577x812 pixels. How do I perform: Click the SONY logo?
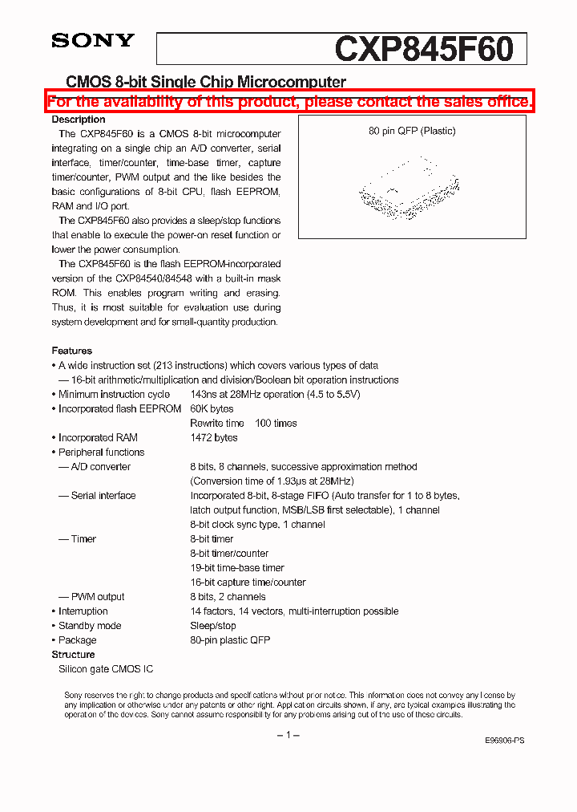(93, 41)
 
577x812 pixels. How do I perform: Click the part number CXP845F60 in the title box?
(424, 49)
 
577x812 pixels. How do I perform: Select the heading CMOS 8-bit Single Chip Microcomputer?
(206, 82)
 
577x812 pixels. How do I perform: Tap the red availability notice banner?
(289, 102)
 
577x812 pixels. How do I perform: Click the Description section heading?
(79, 120)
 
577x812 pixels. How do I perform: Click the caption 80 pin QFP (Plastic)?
(412, 131)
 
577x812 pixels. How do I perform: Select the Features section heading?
(72, 351)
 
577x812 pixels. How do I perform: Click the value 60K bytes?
(212, 408)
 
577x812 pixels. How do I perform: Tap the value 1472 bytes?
(214, 437)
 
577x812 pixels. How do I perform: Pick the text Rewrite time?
(217, 423)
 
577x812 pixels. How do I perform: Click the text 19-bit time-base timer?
(237, 567)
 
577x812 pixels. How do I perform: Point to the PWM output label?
(98, 596)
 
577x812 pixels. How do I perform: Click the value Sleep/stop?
(213, 625)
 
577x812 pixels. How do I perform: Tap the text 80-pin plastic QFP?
(230, 639)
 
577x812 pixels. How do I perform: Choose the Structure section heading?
(74, 654)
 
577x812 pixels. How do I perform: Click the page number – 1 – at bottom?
(288, 734)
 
